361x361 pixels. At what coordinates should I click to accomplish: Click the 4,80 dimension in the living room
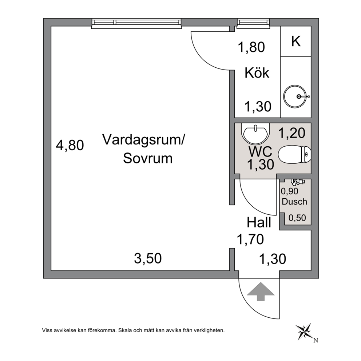[x=70, y=146]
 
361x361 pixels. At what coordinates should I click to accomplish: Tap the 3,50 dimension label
[x=148, y=258]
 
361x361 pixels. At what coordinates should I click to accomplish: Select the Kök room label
[x=257, y=73]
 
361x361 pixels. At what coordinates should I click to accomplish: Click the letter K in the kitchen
[x=296, y=41]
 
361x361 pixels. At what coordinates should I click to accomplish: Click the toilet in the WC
[x=294, y=154]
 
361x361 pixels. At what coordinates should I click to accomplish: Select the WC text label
[x=260, y=152]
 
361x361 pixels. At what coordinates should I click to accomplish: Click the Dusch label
[x=294, y=202]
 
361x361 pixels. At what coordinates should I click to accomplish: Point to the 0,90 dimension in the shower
[x=289, y=191]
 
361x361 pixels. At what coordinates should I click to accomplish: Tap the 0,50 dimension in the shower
[x=297, y=218]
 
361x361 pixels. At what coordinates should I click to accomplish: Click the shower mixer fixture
[x=298, y=182]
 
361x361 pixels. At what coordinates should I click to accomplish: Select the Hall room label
[x=259, y=223]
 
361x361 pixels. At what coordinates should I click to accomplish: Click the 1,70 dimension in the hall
[x=250, y=239]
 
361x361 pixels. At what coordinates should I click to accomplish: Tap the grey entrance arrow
[x=261, y=291]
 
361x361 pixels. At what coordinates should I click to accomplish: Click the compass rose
[x=304, y=332]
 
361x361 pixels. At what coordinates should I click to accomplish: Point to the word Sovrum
[x=148, y=158]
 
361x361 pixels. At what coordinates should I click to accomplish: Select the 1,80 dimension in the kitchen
[x=251, y=47]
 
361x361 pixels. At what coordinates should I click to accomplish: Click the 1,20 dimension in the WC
[x=292, y=133]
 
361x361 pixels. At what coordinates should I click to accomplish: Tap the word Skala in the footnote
[x=124, y=330]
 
